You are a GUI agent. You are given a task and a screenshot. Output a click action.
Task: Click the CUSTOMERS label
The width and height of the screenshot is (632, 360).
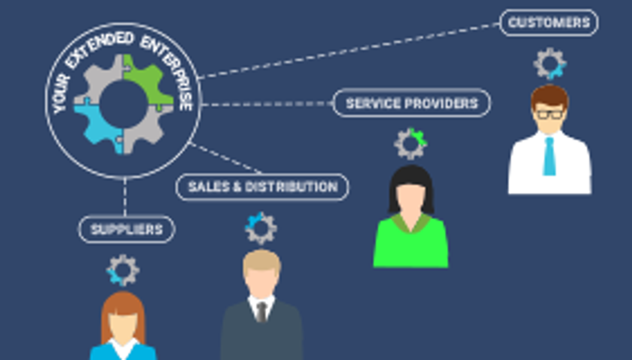coord(549,22)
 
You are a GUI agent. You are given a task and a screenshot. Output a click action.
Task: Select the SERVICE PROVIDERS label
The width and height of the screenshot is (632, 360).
coord(411,103)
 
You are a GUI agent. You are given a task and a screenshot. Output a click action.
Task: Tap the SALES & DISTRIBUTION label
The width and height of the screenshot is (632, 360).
coord(262,187)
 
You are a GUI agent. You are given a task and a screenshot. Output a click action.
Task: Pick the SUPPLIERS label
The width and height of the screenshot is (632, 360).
coord(127,229)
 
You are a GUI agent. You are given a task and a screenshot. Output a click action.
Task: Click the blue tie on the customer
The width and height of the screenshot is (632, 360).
coord(549,157)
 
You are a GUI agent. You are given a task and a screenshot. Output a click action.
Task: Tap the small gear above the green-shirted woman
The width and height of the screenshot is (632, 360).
coord(410,143)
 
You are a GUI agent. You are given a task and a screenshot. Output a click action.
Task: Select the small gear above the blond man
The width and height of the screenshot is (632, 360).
coord(261,228)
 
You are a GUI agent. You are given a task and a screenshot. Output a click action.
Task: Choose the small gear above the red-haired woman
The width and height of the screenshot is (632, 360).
coord(123,270)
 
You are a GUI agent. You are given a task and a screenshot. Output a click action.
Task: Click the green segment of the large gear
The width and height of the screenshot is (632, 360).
coord(146,82)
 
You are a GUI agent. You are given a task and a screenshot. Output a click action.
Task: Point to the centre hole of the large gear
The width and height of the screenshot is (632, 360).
coord(123,104)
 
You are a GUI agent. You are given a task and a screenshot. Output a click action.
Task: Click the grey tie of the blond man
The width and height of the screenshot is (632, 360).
coord(261,312)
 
